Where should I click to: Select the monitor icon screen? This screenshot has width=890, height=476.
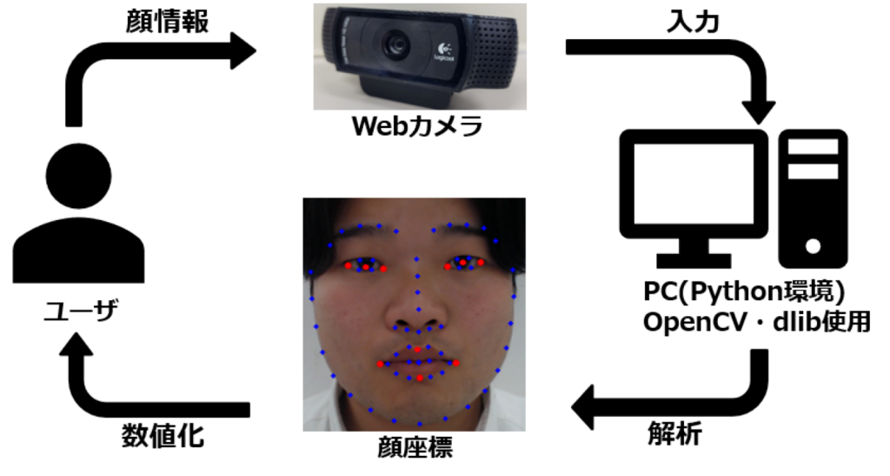tap(694, 185)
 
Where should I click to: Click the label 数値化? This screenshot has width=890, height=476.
tap(163, 434)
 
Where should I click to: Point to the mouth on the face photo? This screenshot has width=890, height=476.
tap(418, 365)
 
